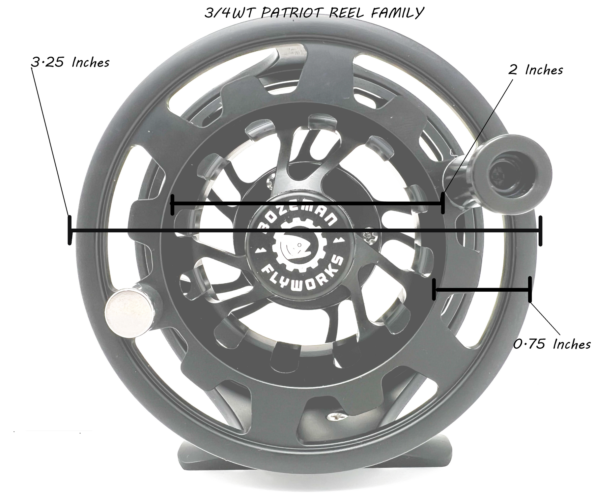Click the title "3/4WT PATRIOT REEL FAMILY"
pos(313,13)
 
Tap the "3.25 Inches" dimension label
pos(71,62)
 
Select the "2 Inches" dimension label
pos(536,70)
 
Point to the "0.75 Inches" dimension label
pos(552,344)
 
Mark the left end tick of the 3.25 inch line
pos(70,230)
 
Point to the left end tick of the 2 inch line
pos(172,204)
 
